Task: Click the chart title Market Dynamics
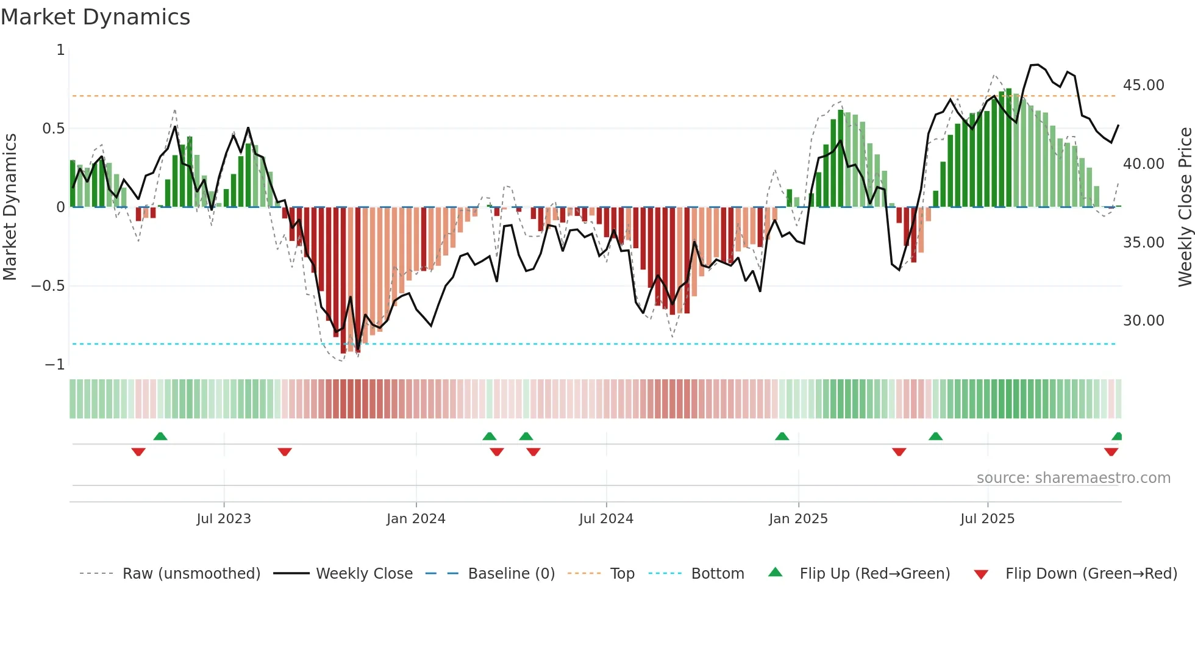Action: [x=95, y=17]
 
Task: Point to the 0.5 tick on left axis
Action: [x=53, y=129]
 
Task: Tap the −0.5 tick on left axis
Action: [x=48, y=286]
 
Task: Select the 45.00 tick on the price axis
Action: [x=1143, y=85]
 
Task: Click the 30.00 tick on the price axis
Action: [x=1143, y=321]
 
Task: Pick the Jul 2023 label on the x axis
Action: [x=224, y=519]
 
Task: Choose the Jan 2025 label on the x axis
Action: [x=798, y=519]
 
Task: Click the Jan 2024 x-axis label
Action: [x=416, y=519]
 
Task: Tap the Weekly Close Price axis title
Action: [x=1185, y=207]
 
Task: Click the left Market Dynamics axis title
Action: [x=10, y=207]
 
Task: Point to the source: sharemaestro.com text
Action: [x=1073, y=478]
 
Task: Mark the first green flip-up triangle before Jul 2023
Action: [x=160, y=437]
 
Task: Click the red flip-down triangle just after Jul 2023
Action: [x=285, y=452]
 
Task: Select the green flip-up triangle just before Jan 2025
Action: [x=782, y=437]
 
